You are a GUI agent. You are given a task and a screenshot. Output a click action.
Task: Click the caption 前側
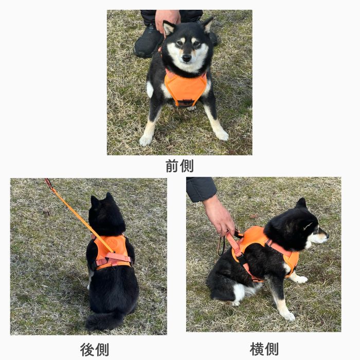coord(179,166)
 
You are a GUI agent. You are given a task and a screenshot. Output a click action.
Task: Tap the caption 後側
coord(95,349)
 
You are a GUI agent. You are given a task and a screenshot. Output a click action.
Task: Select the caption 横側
coord(264,349)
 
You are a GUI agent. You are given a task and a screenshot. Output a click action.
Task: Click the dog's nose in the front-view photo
coord(186,58)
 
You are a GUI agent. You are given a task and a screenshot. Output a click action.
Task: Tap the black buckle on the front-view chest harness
coord(186,102)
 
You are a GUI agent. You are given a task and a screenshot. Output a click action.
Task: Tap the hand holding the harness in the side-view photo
coord(219,216)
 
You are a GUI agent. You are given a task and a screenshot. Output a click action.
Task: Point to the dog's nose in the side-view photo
coord(327,235)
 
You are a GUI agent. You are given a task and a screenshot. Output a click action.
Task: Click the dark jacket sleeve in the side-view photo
coord(201,189)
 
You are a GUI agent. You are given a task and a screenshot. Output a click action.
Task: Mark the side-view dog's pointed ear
coord(301,203)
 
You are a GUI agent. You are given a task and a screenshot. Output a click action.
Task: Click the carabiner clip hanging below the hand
coord(221,246)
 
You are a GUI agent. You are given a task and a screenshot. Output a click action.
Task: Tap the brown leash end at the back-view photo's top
coord(48,183)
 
